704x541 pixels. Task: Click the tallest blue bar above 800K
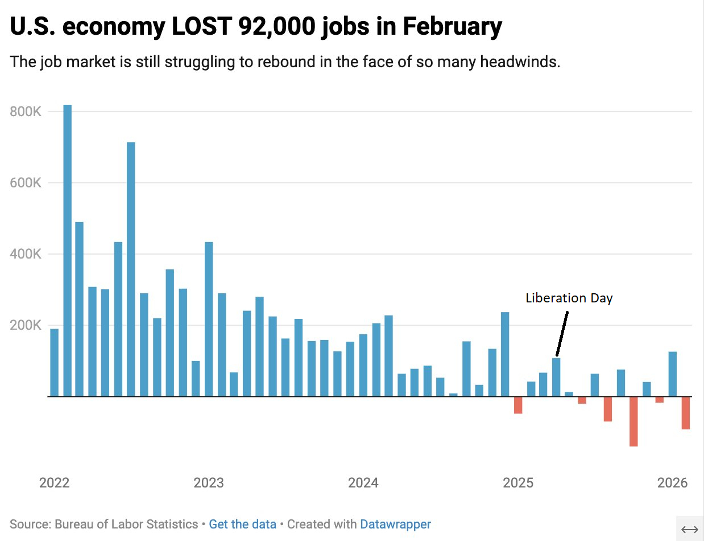click(67, 251)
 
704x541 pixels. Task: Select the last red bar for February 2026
click(685, 413)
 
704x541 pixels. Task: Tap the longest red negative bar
click(633, 421)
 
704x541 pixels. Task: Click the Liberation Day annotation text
click(569, 298)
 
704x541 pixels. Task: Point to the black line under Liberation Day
click(562, 334)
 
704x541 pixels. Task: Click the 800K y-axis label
click(26, 112)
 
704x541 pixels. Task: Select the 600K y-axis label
click(26, 183)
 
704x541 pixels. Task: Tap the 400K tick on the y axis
click(26, 254)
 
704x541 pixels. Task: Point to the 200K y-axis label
click(26, 325)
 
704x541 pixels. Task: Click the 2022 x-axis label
click(54, 483)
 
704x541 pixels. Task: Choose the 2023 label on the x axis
click(209, 483)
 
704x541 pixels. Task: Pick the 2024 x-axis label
click(363, 483)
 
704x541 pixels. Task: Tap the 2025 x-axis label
click(518, 483)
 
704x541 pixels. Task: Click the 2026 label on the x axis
click(672, 483)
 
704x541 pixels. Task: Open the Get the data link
click(242, 524)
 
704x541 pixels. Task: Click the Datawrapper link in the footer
click(395, 524)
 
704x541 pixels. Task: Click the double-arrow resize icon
click(689, 529)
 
